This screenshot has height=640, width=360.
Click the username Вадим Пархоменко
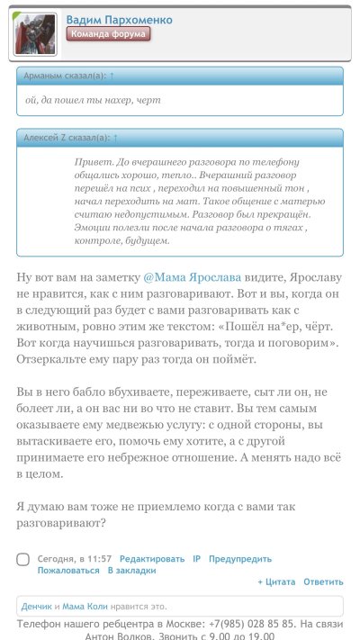[119, 19]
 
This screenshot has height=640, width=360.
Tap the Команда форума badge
[108, 34]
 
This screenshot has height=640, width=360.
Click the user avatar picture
[35, 34]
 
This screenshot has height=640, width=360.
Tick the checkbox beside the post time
[23, 560]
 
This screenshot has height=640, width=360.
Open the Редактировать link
[152, 559]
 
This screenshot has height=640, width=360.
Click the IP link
[196, 559]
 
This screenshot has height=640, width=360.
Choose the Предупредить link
[240, 559]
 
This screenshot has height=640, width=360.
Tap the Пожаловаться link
[68, 571]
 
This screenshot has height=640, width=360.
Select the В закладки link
[131, 571]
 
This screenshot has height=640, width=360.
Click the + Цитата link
[276, 582]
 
